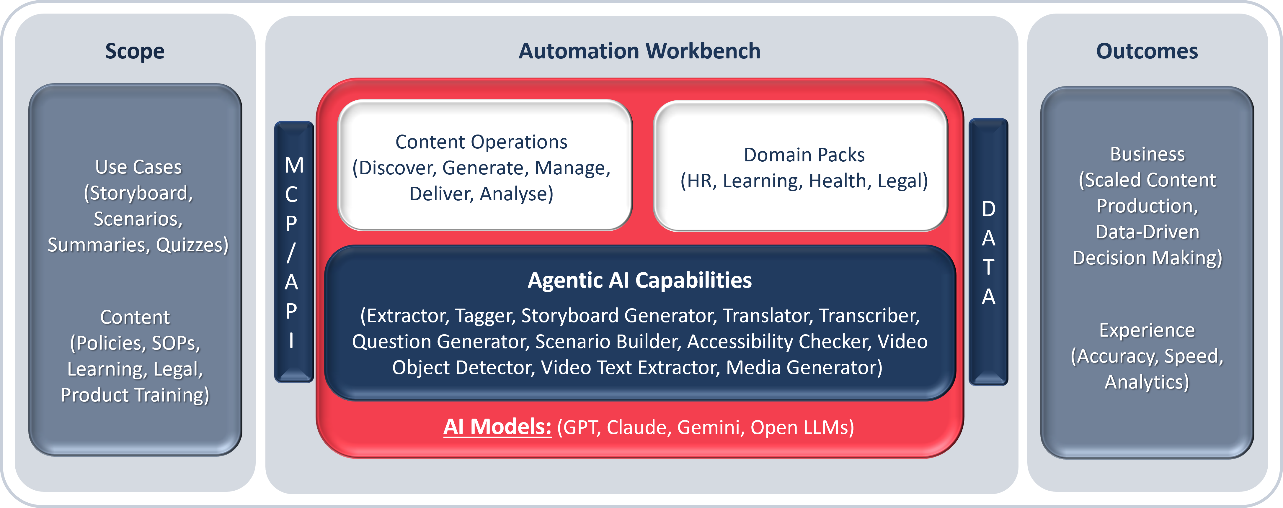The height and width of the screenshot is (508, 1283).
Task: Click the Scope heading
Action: pos(135,51)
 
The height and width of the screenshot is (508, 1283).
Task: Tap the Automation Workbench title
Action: pos(639,51)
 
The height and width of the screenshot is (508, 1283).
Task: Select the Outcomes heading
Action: pos(1147,51)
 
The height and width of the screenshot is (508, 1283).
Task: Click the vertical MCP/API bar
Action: pos(294,252)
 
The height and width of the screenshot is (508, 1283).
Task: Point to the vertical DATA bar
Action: pos(989,252)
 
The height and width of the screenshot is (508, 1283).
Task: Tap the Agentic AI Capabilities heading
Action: pos(639,280)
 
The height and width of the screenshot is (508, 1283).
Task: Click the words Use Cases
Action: pos(138,167)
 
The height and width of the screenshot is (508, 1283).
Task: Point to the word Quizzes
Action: pos(192,245)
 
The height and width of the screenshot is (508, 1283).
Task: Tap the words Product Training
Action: pos(135,395)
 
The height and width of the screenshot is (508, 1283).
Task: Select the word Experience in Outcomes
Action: pos(1147,330)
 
